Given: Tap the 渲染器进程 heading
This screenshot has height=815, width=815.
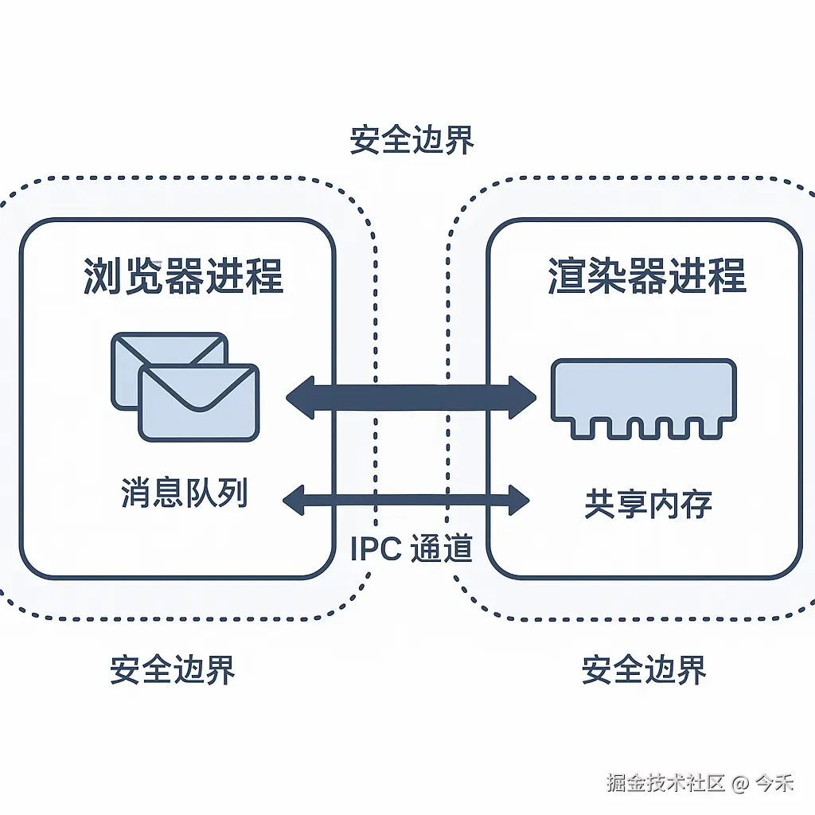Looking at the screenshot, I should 647,276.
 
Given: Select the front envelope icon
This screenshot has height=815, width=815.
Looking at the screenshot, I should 199,402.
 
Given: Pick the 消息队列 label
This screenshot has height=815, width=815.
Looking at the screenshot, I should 184,493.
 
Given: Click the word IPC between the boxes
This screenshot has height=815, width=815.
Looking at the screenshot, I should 376,549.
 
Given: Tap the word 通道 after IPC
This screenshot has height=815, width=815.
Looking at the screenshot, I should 442,549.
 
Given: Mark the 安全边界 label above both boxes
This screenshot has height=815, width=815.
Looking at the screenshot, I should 411,140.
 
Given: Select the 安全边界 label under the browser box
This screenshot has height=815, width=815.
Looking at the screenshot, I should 173,670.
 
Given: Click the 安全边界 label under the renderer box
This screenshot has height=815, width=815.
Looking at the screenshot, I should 644,670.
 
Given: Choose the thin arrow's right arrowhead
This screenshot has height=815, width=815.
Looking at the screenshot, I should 519,500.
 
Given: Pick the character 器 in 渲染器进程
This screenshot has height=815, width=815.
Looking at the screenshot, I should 646,276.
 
